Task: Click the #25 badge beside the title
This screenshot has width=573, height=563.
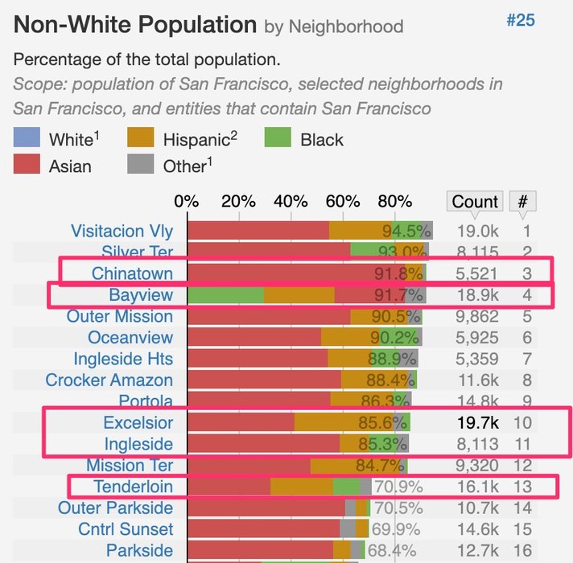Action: [x=520, y=20]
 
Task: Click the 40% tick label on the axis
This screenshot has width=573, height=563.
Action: [x=291, y=201]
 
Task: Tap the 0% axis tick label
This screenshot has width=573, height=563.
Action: [x=187, y=201]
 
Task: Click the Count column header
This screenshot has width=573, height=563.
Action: [x=475, y=201]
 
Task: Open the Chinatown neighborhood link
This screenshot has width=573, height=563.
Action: [x=132, y=273]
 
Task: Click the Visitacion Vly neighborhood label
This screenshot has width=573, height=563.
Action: [x=122, y=232]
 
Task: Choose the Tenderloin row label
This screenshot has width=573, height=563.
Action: [x=133, y=487]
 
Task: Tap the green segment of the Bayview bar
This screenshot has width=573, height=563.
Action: [x=225, y=295]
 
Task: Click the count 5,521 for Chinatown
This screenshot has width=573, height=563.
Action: [x=474, y=273]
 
